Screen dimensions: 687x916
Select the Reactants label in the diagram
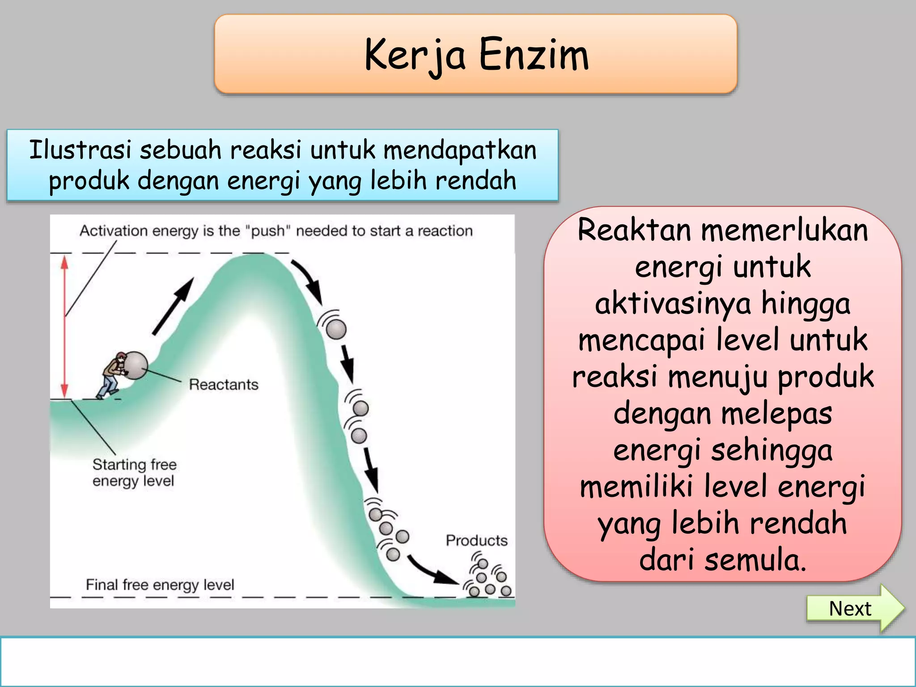[224, 385]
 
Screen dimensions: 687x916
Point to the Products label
[476, 540]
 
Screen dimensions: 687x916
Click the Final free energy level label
[160, 585]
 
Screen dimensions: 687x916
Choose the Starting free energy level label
[134, 473]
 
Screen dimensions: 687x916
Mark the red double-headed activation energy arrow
[65, 327]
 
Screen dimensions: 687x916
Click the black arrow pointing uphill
[174, 306]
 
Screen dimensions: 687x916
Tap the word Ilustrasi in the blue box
[81, 149]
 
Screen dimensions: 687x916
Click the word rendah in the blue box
[475, 181]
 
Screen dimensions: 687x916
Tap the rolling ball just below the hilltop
[336, 329]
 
